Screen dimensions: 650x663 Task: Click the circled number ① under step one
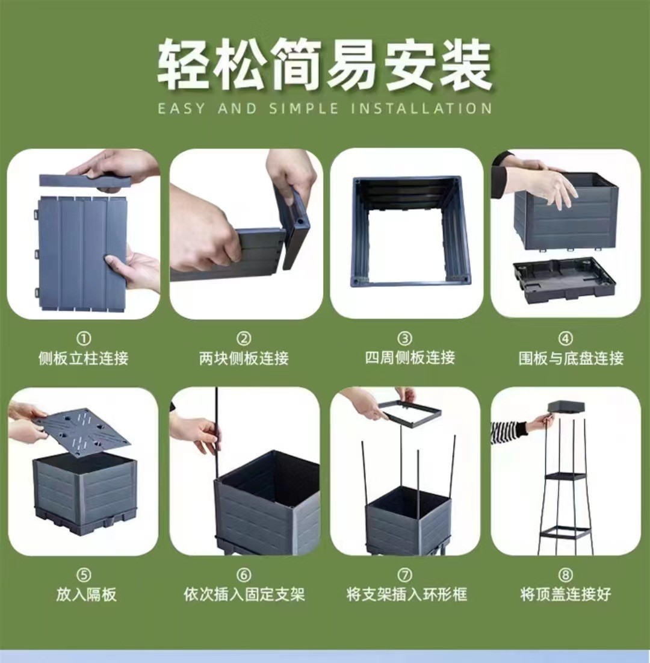(x=84, y=338)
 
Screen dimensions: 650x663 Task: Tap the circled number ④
(x=566, y=338)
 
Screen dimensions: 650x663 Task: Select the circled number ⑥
(x=244, y=575)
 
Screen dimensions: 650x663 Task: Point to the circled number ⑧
(x=566, y=575)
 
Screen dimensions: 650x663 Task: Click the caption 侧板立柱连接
(x=83, y=358)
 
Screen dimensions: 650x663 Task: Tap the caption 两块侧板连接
(x=244, y=358)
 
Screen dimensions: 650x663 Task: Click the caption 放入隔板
(x=86, y=594)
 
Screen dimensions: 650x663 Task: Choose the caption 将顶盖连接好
(x=566, y=594)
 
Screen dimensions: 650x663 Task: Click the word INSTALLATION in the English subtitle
(x=421, y=108)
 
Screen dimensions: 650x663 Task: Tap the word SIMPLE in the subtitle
(x=304, y=108)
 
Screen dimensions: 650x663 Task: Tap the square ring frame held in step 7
(x=409, y=412)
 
